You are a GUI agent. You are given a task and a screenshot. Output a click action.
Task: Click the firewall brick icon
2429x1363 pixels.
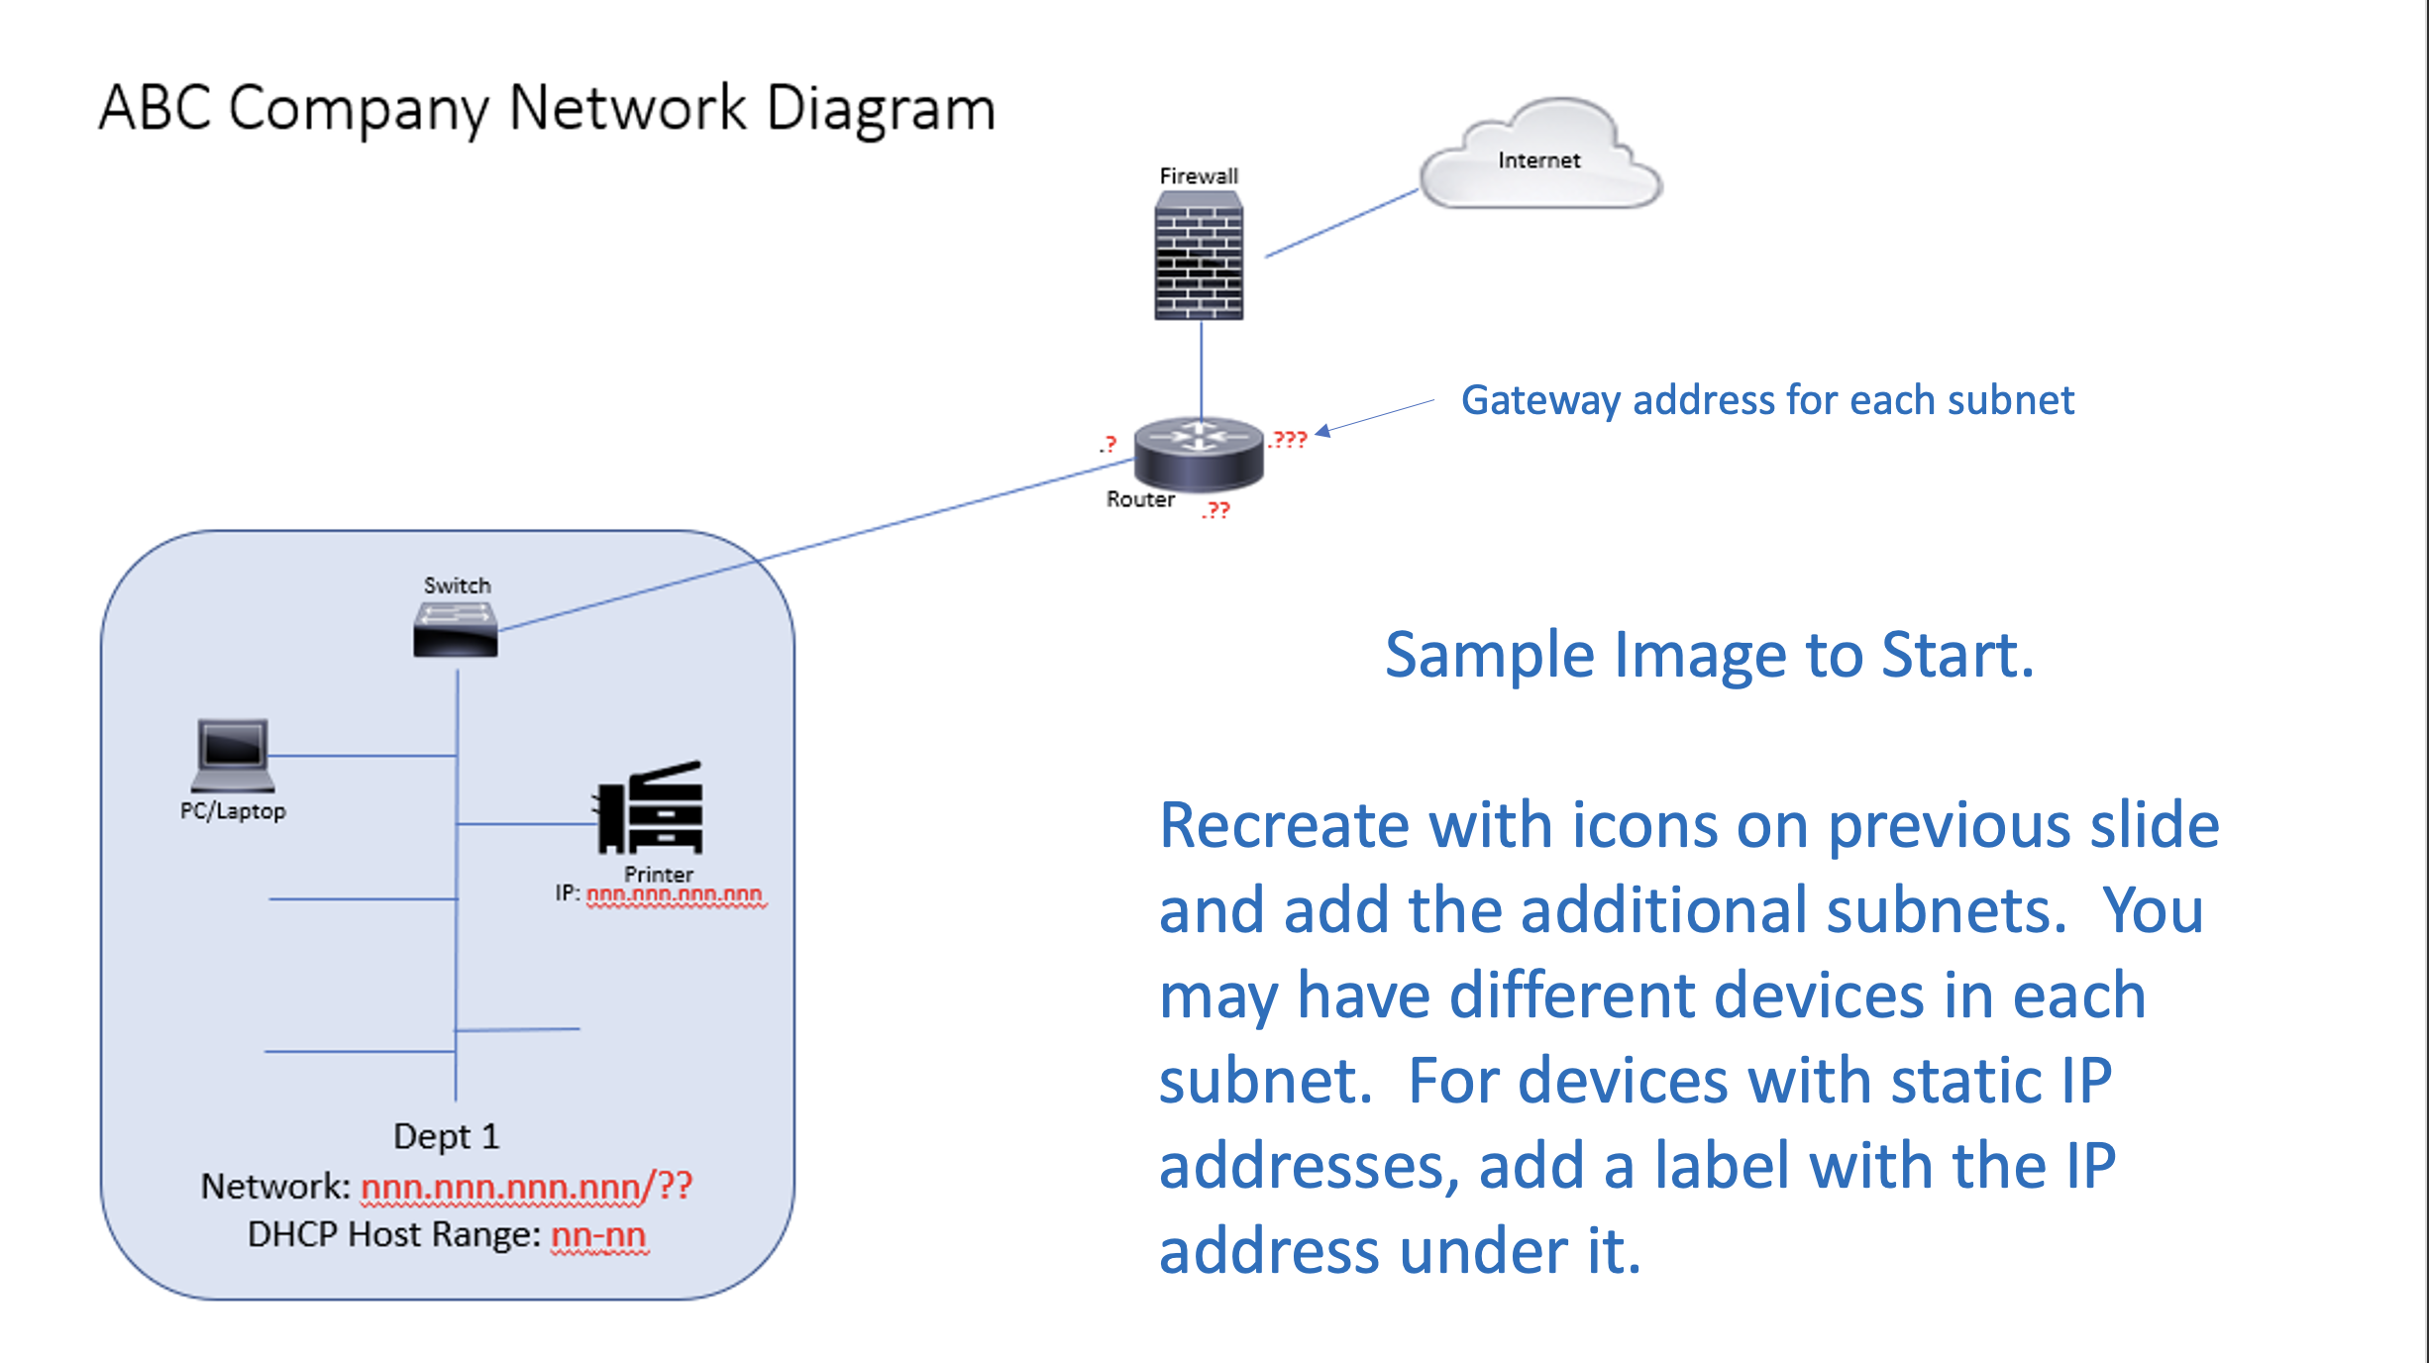tap(1199, 258)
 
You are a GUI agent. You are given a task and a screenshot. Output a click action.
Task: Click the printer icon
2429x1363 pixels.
tap(651, 808)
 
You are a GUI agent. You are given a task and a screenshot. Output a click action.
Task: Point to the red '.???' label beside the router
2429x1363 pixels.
tap(1289, 439)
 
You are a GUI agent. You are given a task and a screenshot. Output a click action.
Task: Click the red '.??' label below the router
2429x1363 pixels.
tap(1216, 510)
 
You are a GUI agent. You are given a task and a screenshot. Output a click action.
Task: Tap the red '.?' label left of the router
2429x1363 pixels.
tap(1109, 445)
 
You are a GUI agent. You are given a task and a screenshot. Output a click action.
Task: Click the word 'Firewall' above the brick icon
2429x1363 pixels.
tap(1199, 176)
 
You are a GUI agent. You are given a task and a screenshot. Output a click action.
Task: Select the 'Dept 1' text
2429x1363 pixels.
tap(446, 1136)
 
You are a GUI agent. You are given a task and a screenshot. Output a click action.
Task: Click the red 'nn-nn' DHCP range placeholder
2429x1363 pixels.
tap(598, 1235)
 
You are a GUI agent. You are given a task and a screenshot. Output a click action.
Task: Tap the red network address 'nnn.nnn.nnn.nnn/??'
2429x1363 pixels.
tap(526, 1186)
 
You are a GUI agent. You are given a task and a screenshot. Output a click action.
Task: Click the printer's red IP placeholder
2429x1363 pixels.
tap(675, 894)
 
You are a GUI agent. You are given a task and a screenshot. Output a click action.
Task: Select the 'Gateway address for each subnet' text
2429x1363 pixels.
tap(1767, 400)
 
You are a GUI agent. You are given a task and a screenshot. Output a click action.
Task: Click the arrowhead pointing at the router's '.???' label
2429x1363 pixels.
tap(1323, 431)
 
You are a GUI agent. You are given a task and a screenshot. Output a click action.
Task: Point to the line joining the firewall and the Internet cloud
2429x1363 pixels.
tap(1342, 224)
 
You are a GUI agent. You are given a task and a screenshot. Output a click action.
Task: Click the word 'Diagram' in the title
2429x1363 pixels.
tap(881, 108)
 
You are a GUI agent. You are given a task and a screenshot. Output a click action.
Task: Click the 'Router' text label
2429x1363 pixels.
tap(1140, 499)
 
